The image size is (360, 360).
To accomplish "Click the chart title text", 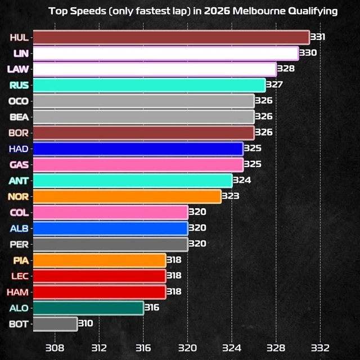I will (193, 11).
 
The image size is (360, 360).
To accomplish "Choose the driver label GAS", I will (19, 165).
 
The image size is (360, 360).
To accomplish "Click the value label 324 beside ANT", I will (242, 181).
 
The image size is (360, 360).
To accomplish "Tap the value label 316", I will (151, 308).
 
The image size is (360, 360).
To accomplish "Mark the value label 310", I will (85, 323).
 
